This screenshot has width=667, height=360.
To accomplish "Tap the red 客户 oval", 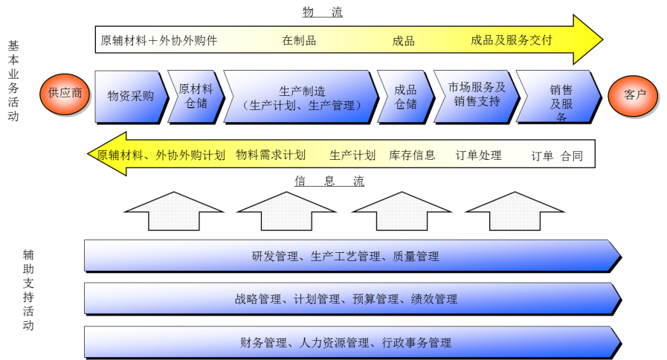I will click(x=634, y=95).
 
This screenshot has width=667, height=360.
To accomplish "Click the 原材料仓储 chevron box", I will click(x=195, y=97).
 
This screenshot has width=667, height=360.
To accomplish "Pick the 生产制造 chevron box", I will click(x=300, y=97).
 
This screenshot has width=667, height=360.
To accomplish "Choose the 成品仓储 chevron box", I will click(x=405, y=97).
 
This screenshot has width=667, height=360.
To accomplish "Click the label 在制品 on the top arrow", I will click(x=299, y=40).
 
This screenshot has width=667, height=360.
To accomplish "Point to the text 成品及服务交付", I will click(x=512, y=40).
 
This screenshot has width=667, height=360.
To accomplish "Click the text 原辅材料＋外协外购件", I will click(x=158, y=40).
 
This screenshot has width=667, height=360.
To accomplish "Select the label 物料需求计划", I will click(x=270, y=155).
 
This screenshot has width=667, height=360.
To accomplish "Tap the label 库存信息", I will click(x=412, y=155).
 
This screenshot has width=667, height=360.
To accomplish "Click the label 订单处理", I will click(x=478, y=155).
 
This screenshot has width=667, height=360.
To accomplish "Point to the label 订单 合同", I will click(x=556, y=155).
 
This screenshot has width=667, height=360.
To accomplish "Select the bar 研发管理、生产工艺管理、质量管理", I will click(x=346, y=257).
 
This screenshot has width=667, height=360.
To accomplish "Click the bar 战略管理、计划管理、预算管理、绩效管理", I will click(x=346, y=299).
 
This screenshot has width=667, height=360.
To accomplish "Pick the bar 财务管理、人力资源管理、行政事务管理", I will click(x=346, y=343).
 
